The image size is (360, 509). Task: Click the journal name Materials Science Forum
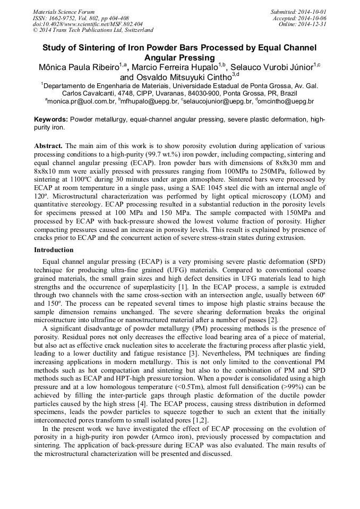tap(63, 12)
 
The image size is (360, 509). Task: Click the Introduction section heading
tap(54, 249)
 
